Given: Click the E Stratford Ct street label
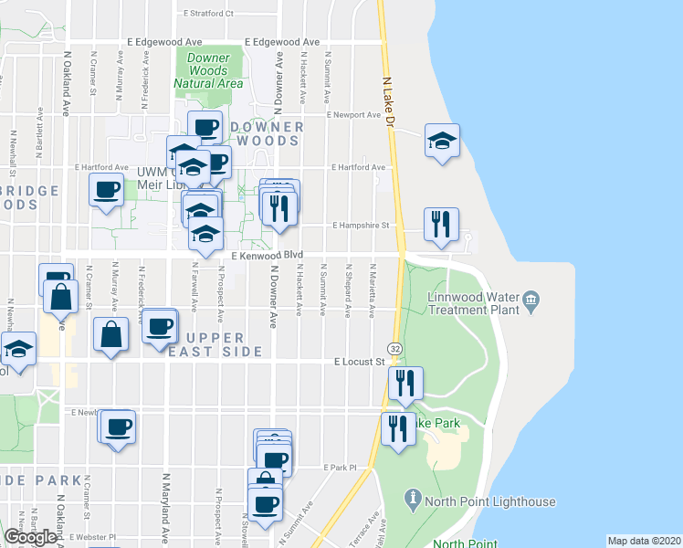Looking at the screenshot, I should coord(209,14).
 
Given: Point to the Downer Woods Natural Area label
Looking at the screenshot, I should coord(208,70).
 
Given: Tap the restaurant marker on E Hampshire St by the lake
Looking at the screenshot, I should coord(442,224).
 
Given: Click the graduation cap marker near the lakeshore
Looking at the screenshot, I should coord(442,141).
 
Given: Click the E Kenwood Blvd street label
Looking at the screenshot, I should coord(267,257).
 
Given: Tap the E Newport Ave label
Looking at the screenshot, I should coord(355,115).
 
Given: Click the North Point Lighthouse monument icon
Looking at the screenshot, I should coord(414,499).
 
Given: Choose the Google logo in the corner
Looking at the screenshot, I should coord(30,537).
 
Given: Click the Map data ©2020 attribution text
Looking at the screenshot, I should coord(644,541).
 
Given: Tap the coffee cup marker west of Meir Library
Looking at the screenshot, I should coord(107,191).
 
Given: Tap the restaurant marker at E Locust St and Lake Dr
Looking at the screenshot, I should coord(405,383).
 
